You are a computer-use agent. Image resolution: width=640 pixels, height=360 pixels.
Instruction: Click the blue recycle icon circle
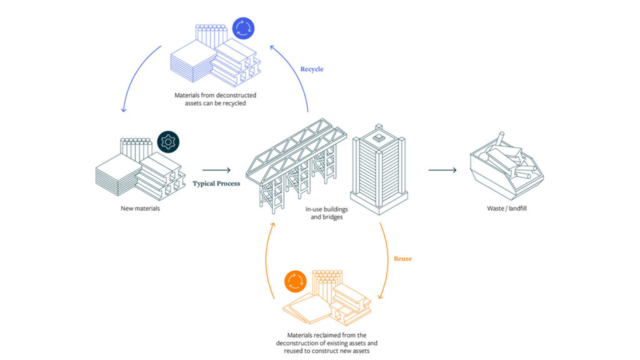(242, 29)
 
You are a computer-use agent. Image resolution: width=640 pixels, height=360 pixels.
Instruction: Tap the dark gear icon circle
(168, 141)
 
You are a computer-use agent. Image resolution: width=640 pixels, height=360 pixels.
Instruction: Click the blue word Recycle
(312, 69)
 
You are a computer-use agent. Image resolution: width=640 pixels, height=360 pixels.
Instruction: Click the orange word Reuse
(402, 258)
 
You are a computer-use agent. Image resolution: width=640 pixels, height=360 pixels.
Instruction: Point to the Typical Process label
(216, 184)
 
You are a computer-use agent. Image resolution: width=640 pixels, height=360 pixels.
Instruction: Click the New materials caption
(140, 208)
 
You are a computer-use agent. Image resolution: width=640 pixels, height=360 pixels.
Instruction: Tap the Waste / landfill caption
(507, 208)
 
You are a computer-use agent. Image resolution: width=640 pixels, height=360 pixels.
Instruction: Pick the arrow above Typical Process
(216, 169)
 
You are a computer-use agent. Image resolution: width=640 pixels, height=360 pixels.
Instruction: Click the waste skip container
(506, 166)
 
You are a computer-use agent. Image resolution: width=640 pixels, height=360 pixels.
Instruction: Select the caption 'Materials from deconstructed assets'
(215, 99)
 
